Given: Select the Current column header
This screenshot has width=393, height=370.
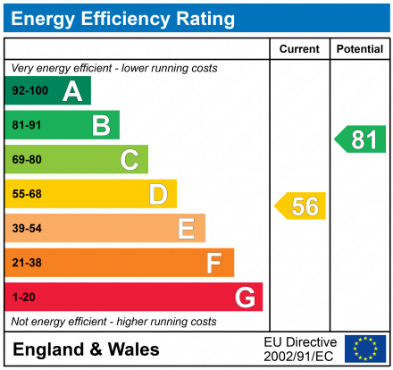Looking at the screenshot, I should tap(299, 49).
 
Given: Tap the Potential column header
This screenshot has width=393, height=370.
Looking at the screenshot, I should tap(359, 49).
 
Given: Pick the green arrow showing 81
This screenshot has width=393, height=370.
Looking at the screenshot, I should tap(361, 139).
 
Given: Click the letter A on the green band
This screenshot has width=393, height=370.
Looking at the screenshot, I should tap(71, 91).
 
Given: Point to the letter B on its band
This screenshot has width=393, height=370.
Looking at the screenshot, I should tap(100, 126).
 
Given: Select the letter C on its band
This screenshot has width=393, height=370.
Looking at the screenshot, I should tap(130, 160).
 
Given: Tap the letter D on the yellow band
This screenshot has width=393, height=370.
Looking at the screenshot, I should tap(158, 195).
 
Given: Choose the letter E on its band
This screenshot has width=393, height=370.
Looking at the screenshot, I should tap(186, 229).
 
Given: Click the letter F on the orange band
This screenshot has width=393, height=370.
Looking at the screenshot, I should tap(213, 263).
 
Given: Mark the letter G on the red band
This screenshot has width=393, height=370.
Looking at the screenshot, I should tap(244, 297).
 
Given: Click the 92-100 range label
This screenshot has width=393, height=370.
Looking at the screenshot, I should tap(29, 91).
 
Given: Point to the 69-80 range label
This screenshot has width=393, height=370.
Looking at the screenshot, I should tap(27, 160).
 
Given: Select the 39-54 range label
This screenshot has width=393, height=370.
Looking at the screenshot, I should tap(27, 229).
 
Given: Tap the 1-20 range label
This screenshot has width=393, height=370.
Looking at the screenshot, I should tap(23, 297).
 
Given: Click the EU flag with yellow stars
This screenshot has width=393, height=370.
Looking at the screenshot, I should tap(364, 349).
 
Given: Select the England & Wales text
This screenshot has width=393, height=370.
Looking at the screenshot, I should tap(87, 349).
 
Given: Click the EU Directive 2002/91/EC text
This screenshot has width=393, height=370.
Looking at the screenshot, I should tap(300, 349).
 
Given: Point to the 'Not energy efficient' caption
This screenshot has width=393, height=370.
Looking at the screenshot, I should tap(113, 322).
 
